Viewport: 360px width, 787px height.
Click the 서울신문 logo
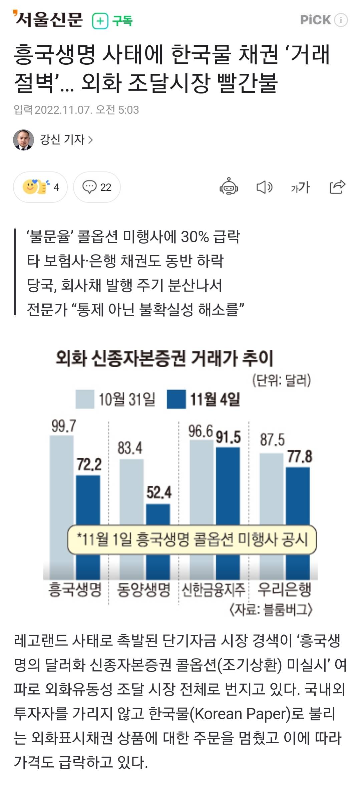[48, 19]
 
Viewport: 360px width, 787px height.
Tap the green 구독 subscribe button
[112, 21]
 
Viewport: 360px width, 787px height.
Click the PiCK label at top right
[315, 20]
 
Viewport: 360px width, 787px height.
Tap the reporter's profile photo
[23, 140]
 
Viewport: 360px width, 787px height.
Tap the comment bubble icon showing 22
[89, 187]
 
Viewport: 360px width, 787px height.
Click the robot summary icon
[229, 186]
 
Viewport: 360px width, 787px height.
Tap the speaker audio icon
[264, 187]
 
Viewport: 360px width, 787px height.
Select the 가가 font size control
[300, 187]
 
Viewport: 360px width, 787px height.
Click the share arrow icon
[337, 186]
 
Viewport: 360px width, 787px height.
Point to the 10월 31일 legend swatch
[85, 399]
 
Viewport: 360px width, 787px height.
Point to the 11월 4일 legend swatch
[176, 399]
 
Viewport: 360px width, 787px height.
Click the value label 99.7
[63, 426]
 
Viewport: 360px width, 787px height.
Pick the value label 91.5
[228, 437]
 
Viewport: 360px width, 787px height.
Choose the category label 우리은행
[284, 590]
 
